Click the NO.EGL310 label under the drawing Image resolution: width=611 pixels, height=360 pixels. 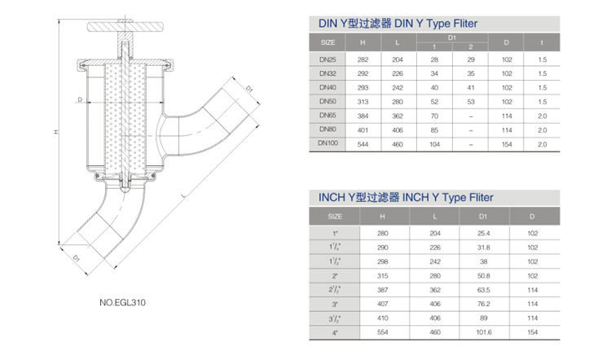[122, 303]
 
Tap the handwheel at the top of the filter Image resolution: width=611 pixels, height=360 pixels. [125, 27]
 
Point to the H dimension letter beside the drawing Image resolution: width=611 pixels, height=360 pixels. [56, 132]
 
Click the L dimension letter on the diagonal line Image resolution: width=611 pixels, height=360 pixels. [184, 195]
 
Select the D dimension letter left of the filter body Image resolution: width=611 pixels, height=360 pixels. [80, 99]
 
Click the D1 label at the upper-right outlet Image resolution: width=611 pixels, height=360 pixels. [249, 89]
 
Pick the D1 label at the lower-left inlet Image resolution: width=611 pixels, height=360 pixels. [77, 258]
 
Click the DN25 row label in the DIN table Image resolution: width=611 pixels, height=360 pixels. [327, 59]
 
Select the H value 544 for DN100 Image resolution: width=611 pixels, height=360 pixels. [363, 144]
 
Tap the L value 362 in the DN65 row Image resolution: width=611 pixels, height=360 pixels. [398, 116]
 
